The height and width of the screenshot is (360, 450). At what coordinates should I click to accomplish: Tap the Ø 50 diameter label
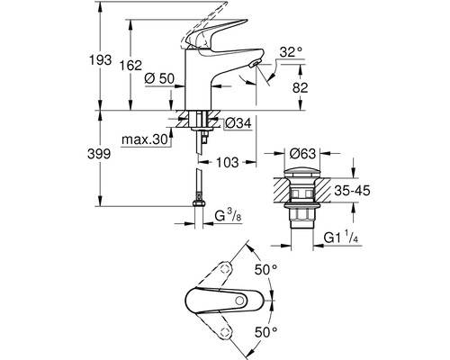tap(161, 79)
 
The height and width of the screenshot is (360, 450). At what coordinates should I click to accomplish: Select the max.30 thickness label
tap(147, 139)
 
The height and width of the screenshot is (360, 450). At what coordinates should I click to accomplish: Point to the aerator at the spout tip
tap(256, 65)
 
